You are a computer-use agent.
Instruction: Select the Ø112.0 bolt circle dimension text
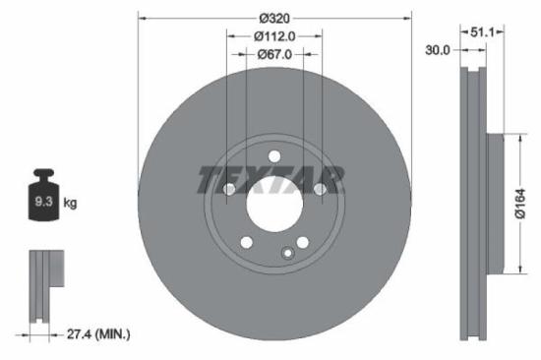[x=274, y=36]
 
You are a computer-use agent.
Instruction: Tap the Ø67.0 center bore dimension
[x=274, y=55]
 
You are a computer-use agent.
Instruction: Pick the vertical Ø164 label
[x=529, y=204]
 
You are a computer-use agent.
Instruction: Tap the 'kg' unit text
[x=69, y=204]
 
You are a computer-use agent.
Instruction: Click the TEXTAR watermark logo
[x=271, y=180]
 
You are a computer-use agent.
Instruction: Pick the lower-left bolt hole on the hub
[x=246, y=243]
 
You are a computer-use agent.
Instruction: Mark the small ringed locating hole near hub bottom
[x=287, y=253]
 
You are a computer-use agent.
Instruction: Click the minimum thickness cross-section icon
[x=44, y=285]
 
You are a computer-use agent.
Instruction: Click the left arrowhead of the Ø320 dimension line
[x=142, y=18]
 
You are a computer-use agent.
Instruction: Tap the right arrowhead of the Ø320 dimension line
[x=406, y=18]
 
